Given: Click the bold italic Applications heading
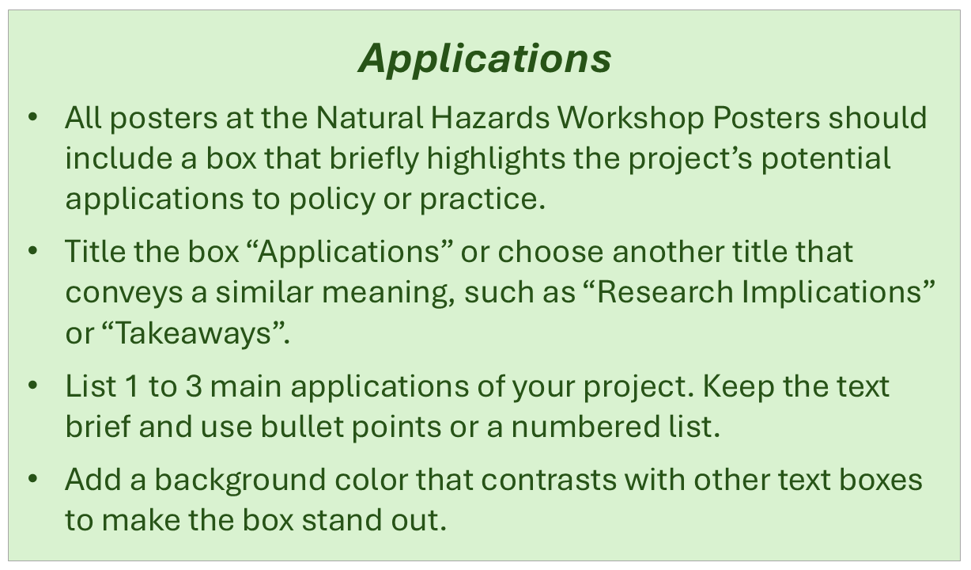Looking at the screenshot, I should [485, 59].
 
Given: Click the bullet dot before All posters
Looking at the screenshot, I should [32, 119].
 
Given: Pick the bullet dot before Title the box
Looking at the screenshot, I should [32, 253].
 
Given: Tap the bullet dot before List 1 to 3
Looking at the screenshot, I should [32, 387].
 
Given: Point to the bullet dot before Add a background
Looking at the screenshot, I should [32, 481].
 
